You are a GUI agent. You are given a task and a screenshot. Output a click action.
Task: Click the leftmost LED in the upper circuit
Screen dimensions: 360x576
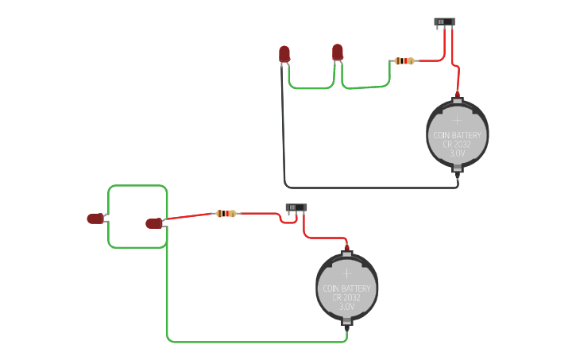(x=284, y=54)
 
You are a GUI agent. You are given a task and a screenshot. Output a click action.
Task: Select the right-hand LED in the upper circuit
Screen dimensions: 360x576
(x=338, y=52)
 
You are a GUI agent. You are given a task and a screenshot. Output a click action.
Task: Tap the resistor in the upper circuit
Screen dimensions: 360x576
(x=404, y=60)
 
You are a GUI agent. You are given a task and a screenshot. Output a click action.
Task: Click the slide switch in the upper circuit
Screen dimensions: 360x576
(x=444, y=22)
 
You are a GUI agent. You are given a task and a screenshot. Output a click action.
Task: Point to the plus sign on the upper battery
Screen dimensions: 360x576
(x=457, y=119)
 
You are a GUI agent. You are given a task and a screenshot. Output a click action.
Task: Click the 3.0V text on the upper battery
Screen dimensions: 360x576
(x=457, y=153)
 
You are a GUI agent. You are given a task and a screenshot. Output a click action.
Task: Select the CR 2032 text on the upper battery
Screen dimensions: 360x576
(x=457, y=144)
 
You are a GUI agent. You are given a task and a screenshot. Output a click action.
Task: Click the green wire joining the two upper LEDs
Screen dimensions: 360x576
(x=310, y=88)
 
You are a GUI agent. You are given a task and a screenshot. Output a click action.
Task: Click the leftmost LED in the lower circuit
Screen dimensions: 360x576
(x=95, y=219)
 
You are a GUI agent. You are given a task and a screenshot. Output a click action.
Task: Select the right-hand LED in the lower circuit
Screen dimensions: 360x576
(x=153, y=223)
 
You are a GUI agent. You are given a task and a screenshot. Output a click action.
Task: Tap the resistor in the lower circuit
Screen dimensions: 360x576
(x=226, y=213)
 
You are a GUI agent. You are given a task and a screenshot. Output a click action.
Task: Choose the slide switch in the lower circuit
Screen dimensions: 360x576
(x=296, y=208)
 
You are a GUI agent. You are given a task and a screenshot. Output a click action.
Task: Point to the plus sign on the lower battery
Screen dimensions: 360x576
(x=346, y=273)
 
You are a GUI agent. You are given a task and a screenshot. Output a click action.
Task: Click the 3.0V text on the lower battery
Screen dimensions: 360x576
(x=346, y=307)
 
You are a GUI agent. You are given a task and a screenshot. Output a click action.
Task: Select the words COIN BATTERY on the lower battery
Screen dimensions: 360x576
(x=346, y=288)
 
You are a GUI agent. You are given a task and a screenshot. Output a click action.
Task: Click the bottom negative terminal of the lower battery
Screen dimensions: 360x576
(x=346, y=323)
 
